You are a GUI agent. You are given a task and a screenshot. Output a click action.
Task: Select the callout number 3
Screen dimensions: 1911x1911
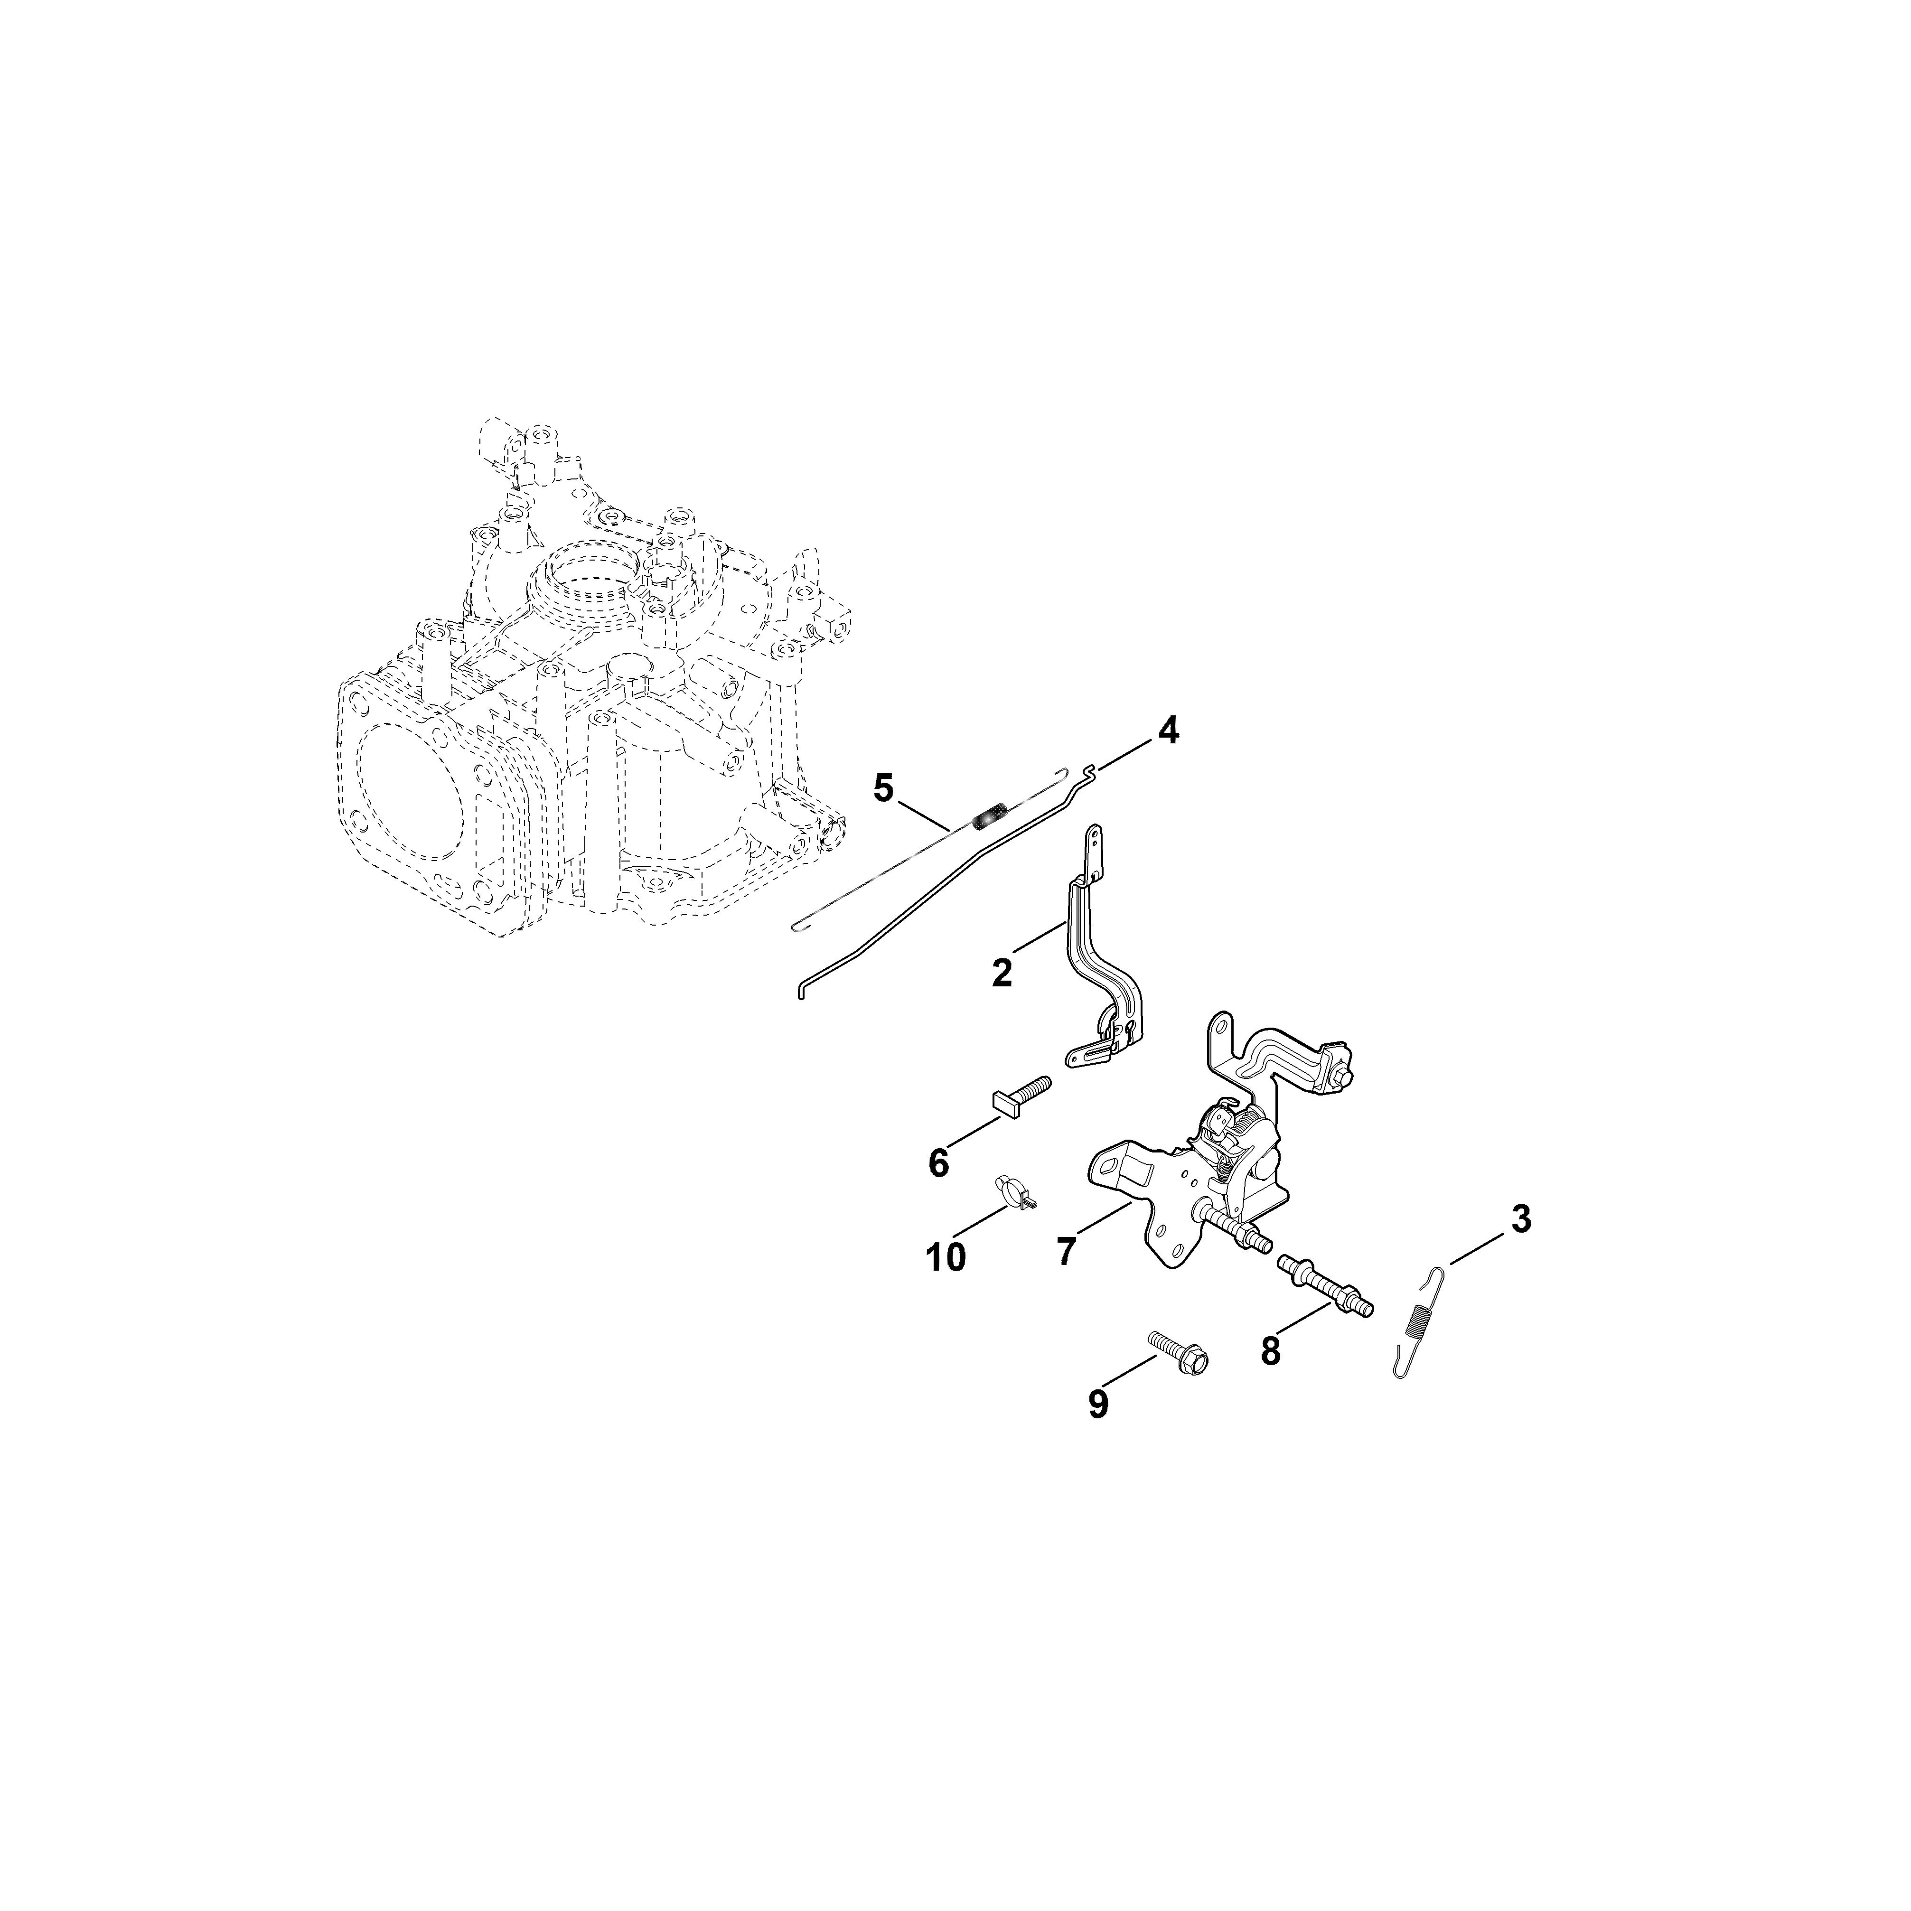click(1521, 1219)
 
